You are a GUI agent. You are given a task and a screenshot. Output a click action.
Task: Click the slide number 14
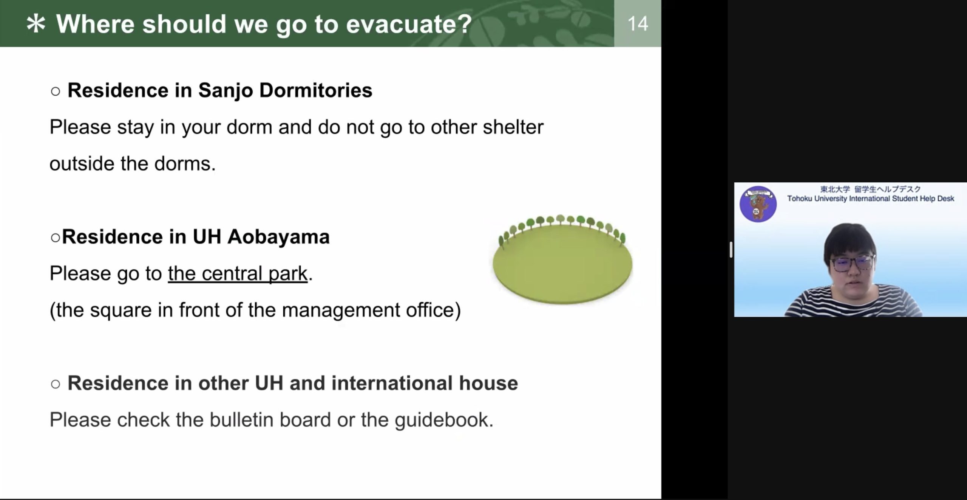pyautogui.click(x=638, y=23)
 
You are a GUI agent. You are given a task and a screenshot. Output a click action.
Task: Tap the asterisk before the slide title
pyautogui.click(x=36, y=24)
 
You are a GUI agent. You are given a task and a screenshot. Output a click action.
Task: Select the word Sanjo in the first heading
pyautogui.click(x=226, y=90)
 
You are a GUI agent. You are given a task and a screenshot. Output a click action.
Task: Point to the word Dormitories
pyautogui.click(x=316, y=90)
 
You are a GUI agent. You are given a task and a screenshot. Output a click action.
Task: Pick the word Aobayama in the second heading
pyautogui.click(x=278, y=237)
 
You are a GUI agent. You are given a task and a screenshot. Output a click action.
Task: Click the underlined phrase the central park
pyautogui.click(x=238, y=273)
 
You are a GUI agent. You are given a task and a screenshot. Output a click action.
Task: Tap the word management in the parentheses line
pyautogui.click(x=341, y=310)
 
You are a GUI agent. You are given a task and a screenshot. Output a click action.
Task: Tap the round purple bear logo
pyautogui.click(x=758, y=204)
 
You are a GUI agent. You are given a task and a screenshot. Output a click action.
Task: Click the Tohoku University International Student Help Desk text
pyautogui.click(x=871, y=199)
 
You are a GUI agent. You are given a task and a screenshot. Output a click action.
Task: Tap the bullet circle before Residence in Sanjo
pyautogui.click(x=55, y=91)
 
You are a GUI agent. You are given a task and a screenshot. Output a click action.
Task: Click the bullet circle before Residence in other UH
pyautogui.click(x=55, y=384)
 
